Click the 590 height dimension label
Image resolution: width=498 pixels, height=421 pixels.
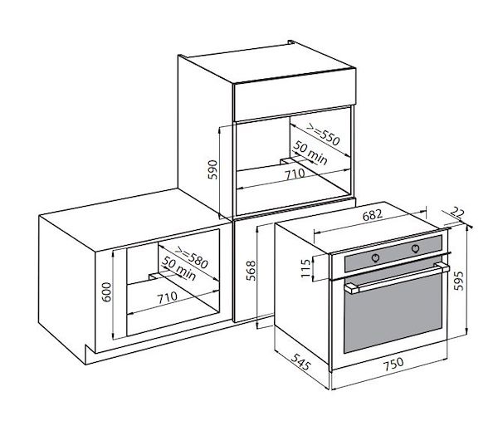pos(212,169)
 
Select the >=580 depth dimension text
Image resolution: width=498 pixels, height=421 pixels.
pos(192,257)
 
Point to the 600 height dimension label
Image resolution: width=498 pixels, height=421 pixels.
pos(106,292)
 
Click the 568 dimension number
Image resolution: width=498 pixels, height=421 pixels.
pos(251,271)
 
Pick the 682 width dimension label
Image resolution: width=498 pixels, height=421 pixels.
pos(372,215)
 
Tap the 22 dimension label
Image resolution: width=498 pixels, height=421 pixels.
pos(456,213)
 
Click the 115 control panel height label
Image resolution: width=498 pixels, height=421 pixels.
pos(305,268)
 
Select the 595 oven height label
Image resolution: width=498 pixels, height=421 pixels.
pos(459,280)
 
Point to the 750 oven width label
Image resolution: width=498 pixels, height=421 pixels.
pos(393,365)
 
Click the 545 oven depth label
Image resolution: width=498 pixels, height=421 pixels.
pos(300,361)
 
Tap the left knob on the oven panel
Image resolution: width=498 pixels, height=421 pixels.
pos(375,257)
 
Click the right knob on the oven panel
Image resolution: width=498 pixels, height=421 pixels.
pos(415,248)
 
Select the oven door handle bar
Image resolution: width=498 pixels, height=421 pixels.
pos(397,278)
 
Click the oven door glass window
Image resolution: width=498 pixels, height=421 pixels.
pos(393,314)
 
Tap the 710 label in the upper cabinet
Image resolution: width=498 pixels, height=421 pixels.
pos(295,174)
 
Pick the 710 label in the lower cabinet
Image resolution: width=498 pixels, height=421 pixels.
pos(168,297)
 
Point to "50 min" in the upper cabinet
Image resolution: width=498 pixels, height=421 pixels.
pos(310,153)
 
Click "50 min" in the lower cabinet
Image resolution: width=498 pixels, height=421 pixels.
pos(178,269)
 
